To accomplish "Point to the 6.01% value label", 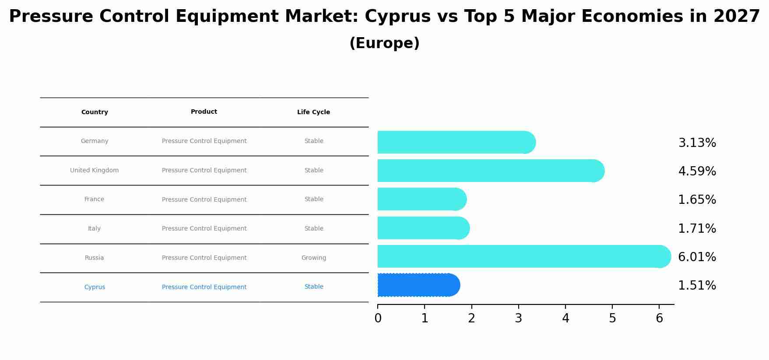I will pyautogui.click(x=697, y=257).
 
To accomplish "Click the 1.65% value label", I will pyautogui.click(x=697, y=200).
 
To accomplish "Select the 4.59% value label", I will pyautogui.click(x=697, y=171).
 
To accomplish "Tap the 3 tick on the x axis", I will pyautogui.click(x=519, y=318).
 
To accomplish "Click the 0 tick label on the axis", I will pyautogui.click(x=378, y=318).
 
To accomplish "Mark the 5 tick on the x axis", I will pyautogui.click(x=612, y=318).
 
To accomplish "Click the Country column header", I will pyautogui.click(x=95, y=112).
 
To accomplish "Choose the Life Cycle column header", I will pyautogui.click(x=313, y=112).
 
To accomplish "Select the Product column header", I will pyautogui.click(x=204, y=112).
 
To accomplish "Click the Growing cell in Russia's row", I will pyautogui.click(x=313, y=258).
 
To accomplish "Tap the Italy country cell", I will pyautogui.click(x=94, y=229).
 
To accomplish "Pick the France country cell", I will pyautogui.click(x=94, y=199).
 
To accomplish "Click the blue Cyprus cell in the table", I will pyautogui.click(x=95, y=287).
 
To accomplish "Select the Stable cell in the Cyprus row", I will pyautogui.click(x=313, y=287).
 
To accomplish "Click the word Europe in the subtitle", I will pyautogui.click(x=384, y=43).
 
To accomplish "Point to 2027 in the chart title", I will pyautogui.click(x=736, y=17).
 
